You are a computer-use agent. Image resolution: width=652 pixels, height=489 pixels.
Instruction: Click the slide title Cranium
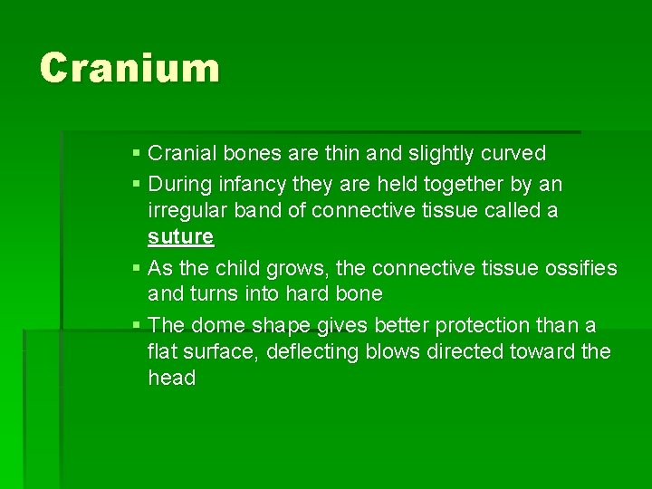click(x=129, y=69)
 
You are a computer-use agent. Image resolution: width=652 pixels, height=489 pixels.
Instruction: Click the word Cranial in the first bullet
click(x=179, y=153)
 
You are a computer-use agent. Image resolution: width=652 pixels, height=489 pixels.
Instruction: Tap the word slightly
click(x=441, y=153)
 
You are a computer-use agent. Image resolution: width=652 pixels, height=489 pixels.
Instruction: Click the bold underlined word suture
click(x=180, y=237)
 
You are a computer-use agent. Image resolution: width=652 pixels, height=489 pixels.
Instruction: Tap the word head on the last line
click(x=171, y=378)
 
